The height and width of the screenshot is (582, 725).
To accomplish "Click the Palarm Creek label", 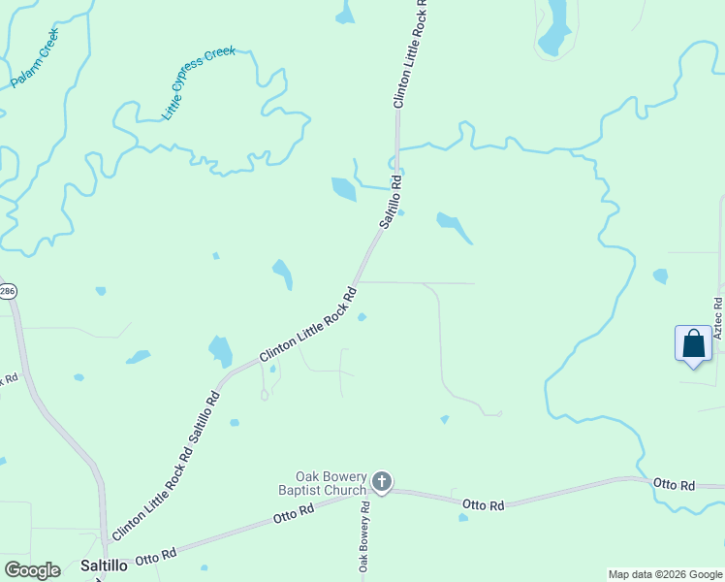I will click(35, 58).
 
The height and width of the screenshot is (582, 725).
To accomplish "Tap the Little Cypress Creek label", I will click(199, 83).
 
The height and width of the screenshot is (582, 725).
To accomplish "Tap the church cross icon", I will click(382, 481).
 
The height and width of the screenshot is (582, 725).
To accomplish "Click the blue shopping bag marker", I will click(693, 344).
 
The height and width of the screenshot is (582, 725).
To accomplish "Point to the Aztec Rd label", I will click(718, 319).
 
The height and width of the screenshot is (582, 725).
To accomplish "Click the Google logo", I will click(31, 570).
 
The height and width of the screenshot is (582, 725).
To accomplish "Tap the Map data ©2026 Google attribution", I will click(665, 574).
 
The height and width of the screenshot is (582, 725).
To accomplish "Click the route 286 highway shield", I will click(7, 292).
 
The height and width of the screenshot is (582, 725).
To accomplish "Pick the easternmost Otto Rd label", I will click(674, 484).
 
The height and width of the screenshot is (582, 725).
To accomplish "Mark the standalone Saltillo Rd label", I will click(390, 202).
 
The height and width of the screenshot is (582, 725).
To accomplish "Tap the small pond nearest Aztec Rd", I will click(660, 276).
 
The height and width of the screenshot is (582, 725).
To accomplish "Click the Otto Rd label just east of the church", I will click(484, 504).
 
